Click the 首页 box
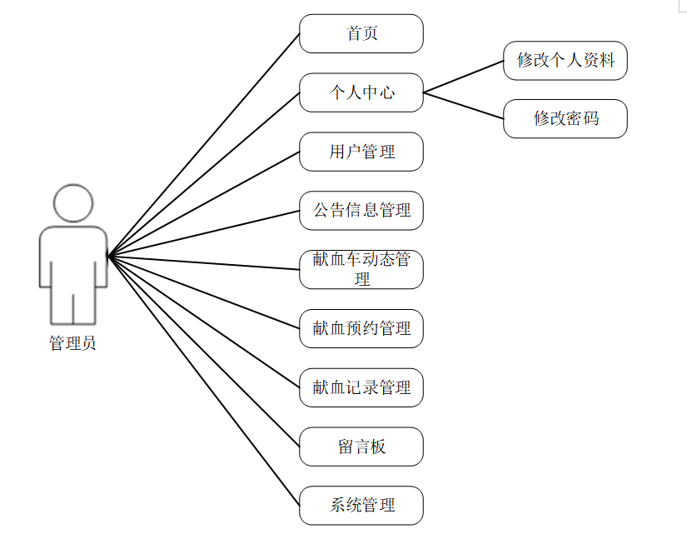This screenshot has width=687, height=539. [x=361, y=33]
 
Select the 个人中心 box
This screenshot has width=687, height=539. [x=361, y=92]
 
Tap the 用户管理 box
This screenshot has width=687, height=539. [x=361, y=152]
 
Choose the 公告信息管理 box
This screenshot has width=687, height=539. [x=361, y=210]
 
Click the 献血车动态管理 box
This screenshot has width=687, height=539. [x=361, y=269]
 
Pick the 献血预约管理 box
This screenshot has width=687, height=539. [x=361, y=328]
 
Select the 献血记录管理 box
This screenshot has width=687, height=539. [x=361, y=387]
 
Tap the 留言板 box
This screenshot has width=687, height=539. [x=361, y=447]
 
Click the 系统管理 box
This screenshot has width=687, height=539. [x=361, y=505]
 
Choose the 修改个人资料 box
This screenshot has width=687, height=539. [x=565, y=60]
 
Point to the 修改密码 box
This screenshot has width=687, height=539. [x=565, y=118]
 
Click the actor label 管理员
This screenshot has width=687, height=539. [x=72, y=342]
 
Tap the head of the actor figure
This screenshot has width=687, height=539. [x=73, y=203]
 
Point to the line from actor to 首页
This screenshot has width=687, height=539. [x=204, y=144]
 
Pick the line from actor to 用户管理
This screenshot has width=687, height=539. [x=204, y=203]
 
